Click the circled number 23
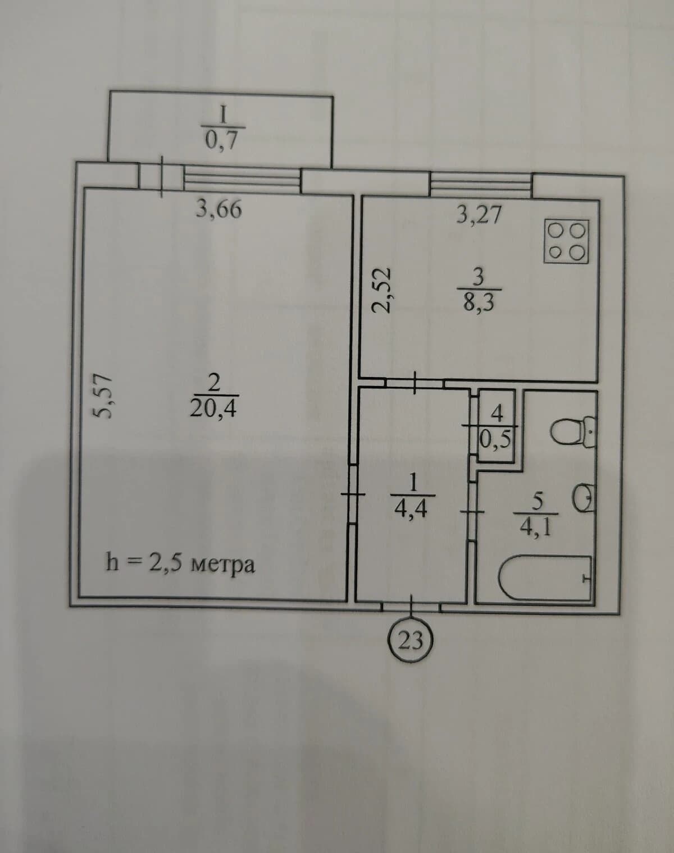[411, 641]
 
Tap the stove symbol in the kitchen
[567, 241]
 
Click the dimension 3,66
[218, 209]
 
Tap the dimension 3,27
[479, 214]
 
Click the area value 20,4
[213, 409]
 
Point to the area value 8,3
[479, 303]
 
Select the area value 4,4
[411, 508]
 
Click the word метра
[222, 565]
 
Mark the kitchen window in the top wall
[481, 185]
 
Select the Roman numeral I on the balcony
[223, 116]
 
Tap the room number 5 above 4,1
[537, 502]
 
